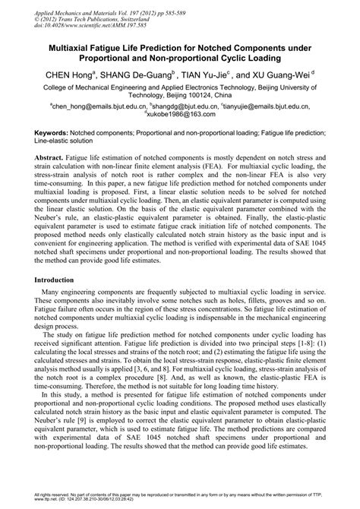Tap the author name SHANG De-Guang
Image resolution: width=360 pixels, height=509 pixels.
141,75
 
